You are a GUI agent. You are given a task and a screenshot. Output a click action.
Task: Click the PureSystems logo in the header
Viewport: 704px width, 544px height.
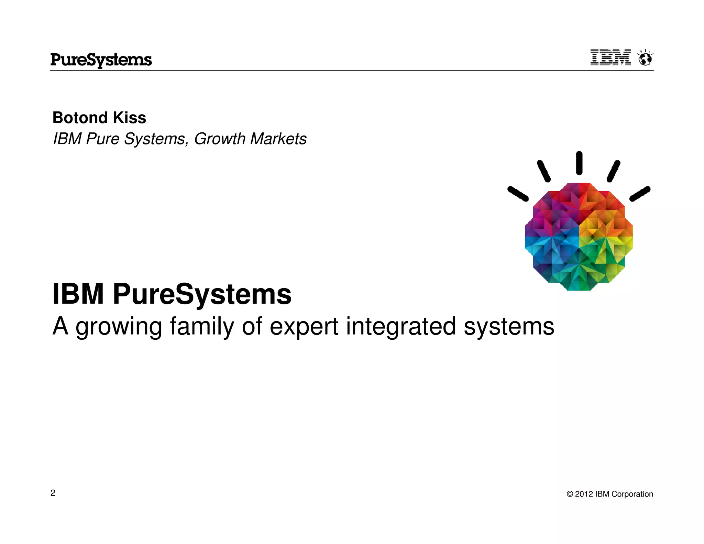pyautogui.click(x=101, y=60)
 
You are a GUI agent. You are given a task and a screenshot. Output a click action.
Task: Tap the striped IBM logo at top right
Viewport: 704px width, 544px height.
pyautogui.click(x=610, y=58)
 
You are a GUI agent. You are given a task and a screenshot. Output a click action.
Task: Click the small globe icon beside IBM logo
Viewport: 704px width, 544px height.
pyautogui.click(x=645, y=58)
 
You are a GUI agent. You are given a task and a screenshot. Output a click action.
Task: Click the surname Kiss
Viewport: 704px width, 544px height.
pyautogui.click(x=130, y=118)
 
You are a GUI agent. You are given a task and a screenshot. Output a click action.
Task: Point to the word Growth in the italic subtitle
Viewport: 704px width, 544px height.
pyautogui.click(x=220, y=139)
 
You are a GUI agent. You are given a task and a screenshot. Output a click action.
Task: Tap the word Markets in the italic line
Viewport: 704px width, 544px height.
pyautogui.click(x=278, y=139)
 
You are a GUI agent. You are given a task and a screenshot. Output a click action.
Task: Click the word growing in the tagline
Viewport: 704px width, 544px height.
pyautogui.click(x=119, y=327)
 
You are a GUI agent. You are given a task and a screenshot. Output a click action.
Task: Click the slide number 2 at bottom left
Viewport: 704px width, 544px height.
pyautogui.click(x=53, y=493)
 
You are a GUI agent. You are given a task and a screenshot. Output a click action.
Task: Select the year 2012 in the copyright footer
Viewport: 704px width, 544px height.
pyautogui.click(x=584, y=494)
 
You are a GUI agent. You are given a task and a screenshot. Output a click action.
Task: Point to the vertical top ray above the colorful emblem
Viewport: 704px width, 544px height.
pyautogui.click(x=579, y=163)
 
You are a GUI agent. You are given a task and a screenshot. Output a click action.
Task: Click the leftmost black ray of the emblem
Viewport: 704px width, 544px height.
pyautogui.click(x=518, y=194)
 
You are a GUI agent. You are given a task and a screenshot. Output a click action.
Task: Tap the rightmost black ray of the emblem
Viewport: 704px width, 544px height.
pyautogui.click(x=640, y=194)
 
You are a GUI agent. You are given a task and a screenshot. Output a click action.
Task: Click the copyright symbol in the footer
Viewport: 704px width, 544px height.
pyautogui.click(x=570, y=494)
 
